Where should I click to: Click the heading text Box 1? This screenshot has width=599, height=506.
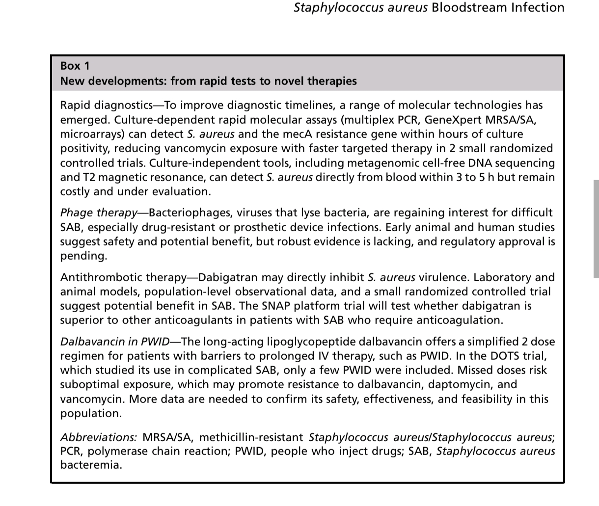tap(75, 66)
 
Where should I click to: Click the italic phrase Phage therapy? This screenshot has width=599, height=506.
tap(99, 213)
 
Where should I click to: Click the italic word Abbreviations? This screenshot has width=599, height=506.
tap(99, 437)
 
